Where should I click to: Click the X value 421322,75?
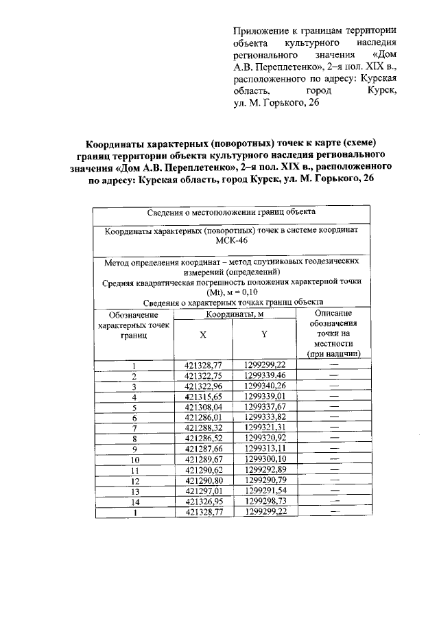pos(204,375)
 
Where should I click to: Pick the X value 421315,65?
pos(204,396)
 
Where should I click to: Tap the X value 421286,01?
pos(204,417)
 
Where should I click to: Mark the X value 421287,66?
pos(204,448)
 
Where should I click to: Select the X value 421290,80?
pos(204,480)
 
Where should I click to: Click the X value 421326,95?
pos(204,500)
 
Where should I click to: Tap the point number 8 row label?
pos(134,438)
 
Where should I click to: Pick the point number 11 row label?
pos(134,469)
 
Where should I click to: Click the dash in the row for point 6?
pos(333,417)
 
